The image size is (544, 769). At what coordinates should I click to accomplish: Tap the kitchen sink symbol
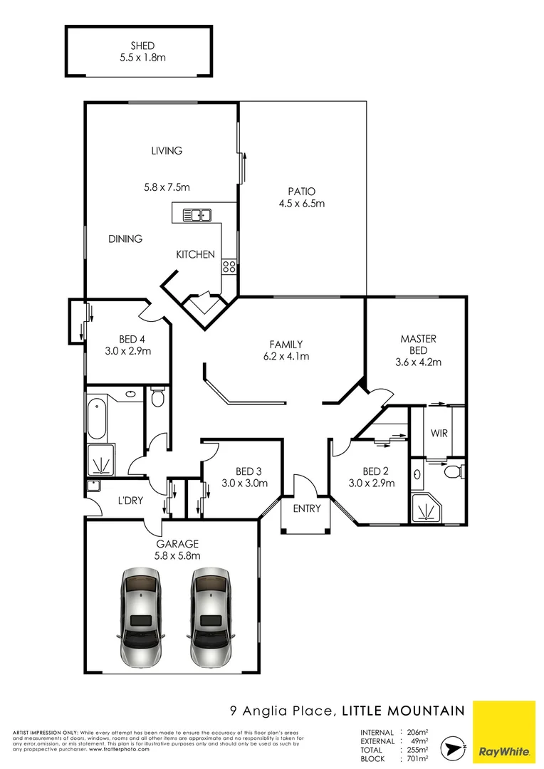click(x=196, y=214)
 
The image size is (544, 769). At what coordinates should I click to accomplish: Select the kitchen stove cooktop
click(x=229, y=267)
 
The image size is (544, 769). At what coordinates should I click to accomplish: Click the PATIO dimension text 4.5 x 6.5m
click(x=302, y=204)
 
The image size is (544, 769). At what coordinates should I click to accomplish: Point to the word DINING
click(x=125, y=239)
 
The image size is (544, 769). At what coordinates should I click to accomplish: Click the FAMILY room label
click(x=286, y=344)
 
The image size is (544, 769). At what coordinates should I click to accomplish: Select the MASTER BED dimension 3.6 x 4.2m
click(x=418, y=362)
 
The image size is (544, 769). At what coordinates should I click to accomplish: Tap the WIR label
click(x=439, y=433)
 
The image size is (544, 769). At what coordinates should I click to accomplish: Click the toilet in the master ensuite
click(x=453, y=471)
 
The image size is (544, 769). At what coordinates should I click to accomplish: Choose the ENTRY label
click(x=307, y=508)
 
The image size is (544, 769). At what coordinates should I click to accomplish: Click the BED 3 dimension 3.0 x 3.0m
click(x=244, y=483)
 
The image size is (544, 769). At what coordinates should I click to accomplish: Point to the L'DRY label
click(x=130, y=501)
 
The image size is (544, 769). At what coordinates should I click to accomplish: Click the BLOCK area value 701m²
click(x=417, y=758)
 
